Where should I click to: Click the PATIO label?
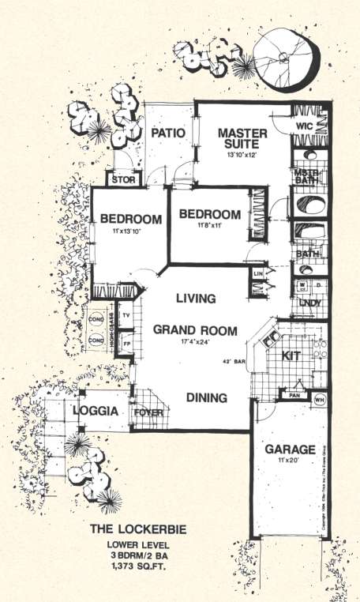168,133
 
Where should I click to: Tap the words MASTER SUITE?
242,139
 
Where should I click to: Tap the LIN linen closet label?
257,273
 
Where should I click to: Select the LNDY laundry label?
306,303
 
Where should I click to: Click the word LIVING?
196,299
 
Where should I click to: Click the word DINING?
207,398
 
